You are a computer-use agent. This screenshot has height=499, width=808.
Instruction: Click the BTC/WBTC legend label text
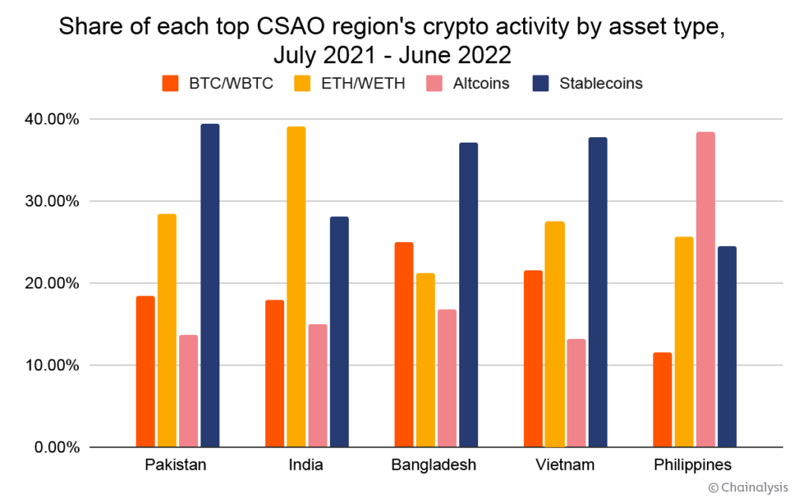point(230,83)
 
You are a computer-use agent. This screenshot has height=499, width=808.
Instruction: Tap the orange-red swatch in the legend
point(170,83)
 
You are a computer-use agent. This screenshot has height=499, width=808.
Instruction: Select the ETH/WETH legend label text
point(363,83)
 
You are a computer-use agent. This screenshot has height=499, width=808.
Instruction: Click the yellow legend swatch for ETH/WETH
point(303,83)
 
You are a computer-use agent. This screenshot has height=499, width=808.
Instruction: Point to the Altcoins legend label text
point(481,83)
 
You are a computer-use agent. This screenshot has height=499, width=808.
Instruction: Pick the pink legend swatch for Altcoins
point(435,83)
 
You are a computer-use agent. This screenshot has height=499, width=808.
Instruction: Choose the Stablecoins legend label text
point(600,83)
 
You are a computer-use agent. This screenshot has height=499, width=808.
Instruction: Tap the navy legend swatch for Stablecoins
point(541,83)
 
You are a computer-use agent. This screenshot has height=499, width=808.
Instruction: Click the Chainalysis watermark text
point(747,488)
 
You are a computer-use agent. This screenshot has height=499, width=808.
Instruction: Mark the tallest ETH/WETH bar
point(296,287)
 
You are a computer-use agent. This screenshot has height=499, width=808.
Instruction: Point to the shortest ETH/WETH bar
point(425,360)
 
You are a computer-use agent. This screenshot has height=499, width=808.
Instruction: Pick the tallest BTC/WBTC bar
point(404,344)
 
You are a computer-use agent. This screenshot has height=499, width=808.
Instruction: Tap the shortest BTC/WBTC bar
point(663,400)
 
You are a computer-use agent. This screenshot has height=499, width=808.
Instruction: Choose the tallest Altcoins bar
point(705,289)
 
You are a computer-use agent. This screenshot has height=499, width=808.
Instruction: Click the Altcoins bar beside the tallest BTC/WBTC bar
point(447,378)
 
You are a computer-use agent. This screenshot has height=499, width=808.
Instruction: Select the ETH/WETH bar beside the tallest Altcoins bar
point(684,342)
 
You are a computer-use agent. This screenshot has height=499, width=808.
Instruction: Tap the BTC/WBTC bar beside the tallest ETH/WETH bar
point(275,374)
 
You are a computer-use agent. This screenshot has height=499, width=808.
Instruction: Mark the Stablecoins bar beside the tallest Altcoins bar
point(727,347)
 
